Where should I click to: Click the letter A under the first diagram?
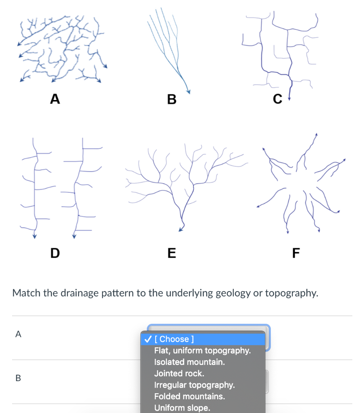(55, 98)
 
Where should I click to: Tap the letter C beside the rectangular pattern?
(277, 99)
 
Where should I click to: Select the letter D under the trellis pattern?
(54, 253)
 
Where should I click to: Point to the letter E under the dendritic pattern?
(171, 253)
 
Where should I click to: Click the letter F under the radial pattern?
(296, 253)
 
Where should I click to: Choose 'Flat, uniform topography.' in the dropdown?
(202, 350)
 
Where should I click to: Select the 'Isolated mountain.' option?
(189, 362)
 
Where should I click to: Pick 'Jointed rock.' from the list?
(179, 373)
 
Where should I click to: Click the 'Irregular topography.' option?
(194, 385)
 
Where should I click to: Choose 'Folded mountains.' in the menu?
(189, 396)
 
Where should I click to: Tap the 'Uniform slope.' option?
(182, 408)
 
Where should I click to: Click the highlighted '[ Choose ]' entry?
(174, 339)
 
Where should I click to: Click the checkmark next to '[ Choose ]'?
(148, 339)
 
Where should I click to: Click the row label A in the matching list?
(18, 334)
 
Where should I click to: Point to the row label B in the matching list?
(18, 378)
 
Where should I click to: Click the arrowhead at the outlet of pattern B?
(188, 92)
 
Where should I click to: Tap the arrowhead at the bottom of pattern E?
(181, 230)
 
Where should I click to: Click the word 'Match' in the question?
(27, 292)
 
